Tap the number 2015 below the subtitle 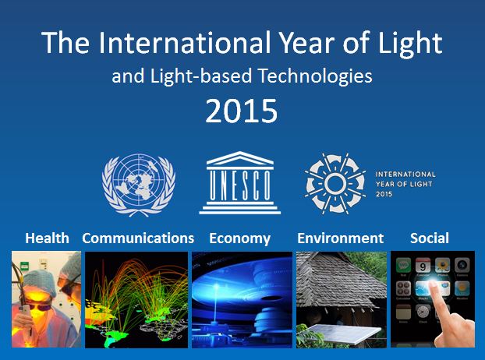point(241,111)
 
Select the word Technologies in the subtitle point(315,76)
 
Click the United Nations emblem point(139,185)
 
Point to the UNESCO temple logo point(239,183)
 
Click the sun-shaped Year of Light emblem point(335,184)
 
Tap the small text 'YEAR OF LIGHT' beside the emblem point(404,184)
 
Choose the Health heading point(47,238)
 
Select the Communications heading point(138,238)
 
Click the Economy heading point(239,239)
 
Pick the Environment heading point(341,238)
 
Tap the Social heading point(430,238)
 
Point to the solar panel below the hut point(344,334)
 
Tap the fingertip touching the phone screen point(433,284)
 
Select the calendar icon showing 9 point(423,266)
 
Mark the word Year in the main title point(307,43)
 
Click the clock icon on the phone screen point(423,312)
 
